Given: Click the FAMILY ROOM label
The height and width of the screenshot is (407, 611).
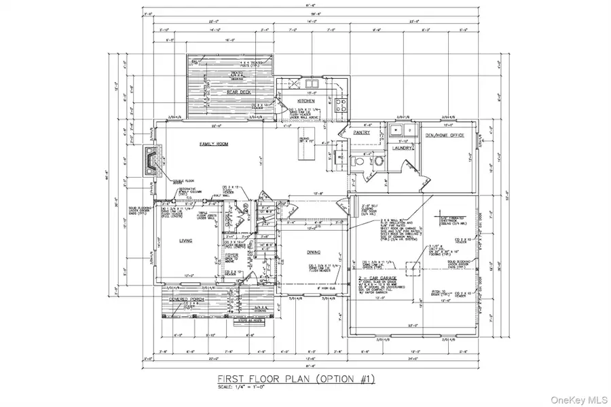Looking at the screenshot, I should pos(212,144).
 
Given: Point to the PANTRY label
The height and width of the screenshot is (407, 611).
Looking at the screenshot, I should pos(361,132).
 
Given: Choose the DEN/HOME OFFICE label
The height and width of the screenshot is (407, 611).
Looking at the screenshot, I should pos(444,136).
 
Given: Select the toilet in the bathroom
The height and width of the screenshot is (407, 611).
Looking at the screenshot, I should pos(358,162).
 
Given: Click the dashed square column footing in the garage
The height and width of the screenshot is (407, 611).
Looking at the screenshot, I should pos(411,271).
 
